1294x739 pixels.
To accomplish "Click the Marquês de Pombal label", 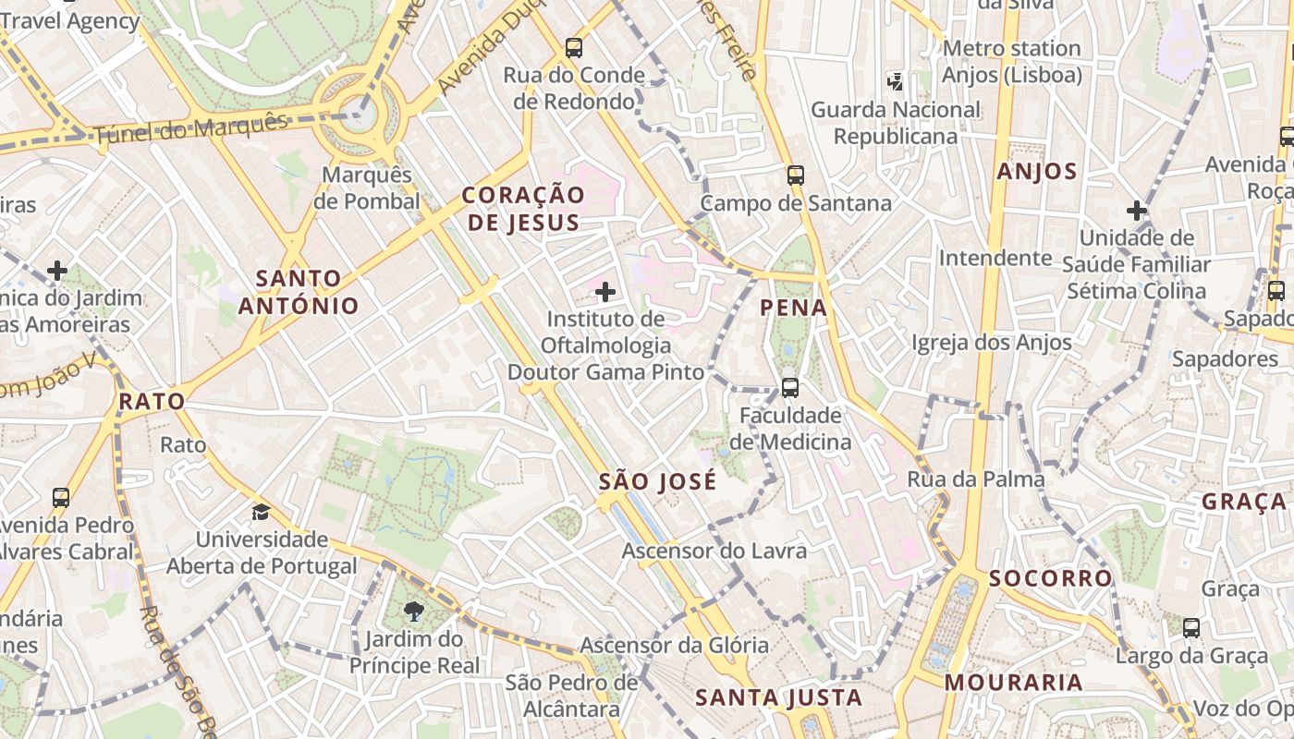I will (367, 188).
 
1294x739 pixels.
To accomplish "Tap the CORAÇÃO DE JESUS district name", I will (523, 209).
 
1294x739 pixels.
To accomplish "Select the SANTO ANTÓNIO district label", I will (299, 292).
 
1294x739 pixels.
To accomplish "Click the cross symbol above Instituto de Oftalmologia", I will (605, 292).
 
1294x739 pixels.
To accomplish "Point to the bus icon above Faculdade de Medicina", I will (790, 388).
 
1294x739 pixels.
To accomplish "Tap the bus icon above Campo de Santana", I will (796, 175).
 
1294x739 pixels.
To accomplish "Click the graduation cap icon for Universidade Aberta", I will (262, 512).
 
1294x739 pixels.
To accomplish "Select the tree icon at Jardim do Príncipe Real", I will (414, 611).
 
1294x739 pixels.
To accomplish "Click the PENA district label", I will (794, 308).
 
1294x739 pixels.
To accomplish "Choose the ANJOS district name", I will (1037, 171).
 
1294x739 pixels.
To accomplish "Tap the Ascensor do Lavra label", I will (714, 551).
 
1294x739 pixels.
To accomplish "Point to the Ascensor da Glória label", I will (674, 645).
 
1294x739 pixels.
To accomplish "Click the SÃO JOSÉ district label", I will (657, 481).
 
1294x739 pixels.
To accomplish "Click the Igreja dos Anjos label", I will (992, 343).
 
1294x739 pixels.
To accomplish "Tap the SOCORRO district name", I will (1051, 578).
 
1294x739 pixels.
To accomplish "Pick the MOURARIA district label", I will (1013, 683).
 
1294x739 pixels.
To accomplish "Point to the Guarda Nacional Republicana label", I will (896, 123).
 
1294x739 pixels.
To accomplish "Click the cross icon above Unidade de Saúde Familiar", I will (1137, 211).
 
